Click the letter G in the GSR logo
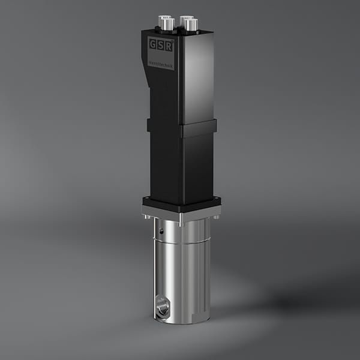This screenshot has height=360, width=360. (153, 44)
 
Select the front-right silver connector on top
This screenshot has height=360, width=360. (190, 25)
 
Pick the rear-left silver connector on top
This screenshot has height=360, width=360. (162, 20)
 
